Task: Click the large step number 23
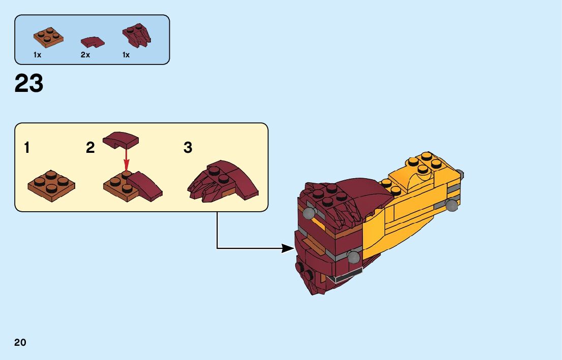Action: click(x=29, y=84)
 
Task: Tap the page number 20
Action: click(x=20, y=342)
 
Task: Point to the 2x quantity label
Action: click(x=85, y=55)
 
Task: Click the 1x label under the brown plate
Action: click(x=37, y=55)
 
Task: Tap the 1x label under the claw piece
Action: click(x=126, y=55)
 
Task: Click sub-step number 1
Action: click(x=26, y=148)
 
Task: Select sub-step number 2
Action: click(x=90, y=148)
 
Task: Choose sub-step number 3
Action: click(x=188, y=148)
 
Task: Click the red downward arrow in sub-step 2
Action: click(x=127, y=163)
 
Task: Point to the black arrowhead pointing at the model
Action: click(x=287, y=248)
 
